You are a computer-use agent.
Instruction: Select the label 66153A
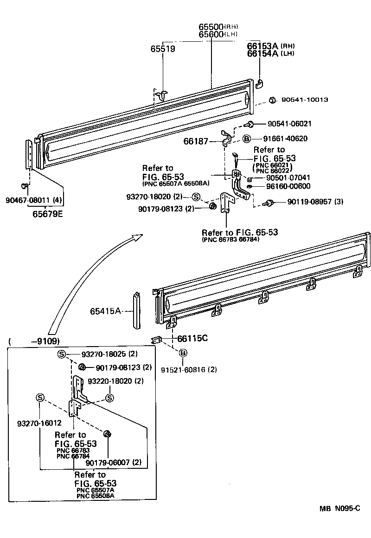tap(262, 46)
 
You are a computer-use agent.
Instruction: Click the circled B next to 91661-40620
tap(247, 138)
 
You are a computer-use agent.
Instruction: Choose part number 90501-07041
tap(288, 178)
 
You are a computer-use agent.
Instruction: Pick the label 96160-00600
tap(288, 186)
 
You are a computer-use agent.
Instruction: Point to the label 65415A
tap(106, 311)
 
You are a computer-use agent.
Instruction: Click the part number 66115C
tap(192, 338)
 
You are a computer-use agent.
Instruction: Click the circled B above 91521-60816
tap(183, 354)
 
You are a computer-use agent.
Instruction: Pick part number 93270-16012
tap(39, 423)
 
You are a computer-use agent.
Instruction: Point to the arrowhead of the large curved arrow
tap(137, 237)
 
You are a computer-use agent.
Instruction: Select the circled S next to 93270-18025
tap(61, 354)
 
